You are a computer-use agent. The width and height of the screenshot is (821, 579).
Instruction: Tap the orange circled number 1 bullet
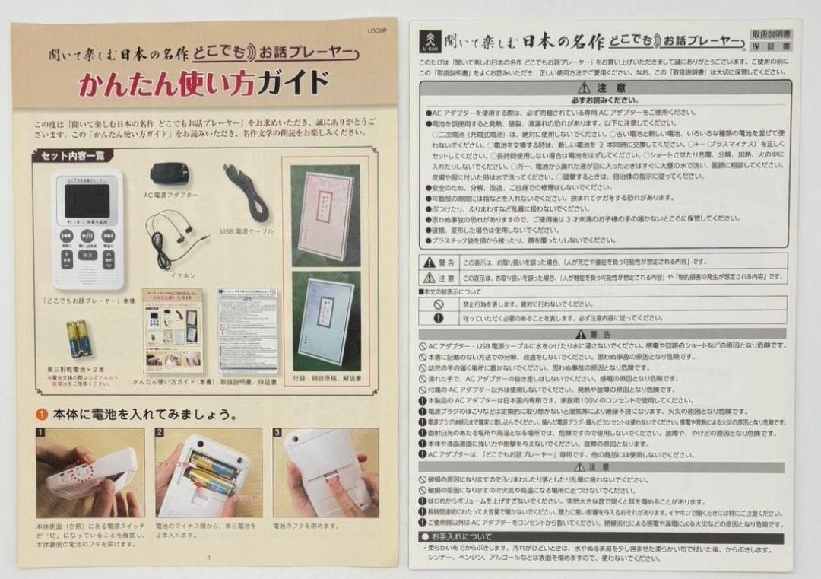[42, 415]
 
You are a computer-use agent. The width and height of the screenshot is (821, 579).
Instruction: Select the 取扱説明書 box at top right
[770, 35]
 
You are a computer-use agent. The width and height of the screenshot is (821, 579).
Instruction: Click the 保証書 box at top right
[770, 47]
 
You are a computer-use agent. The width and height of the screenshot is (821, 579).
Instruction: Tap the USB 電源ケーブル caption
[247, 231]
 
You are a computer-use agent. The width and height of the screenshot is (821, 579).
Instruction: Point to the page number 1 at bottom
[208, 557]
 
